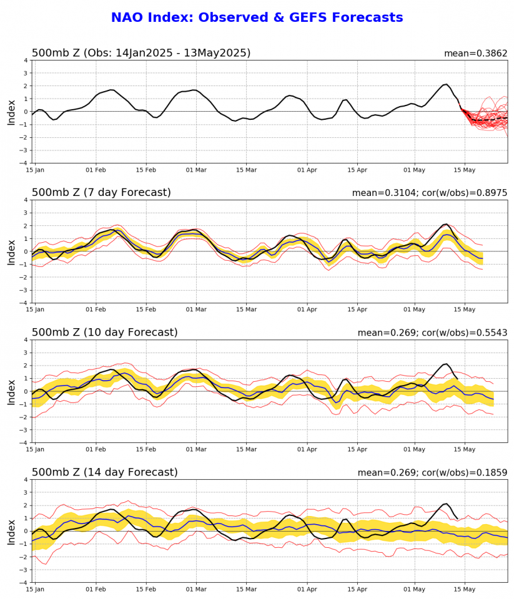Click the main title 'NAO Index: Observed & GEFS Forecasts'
257,17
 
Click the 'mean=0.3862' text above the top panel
475,54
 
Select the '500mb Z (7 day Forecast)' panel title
101,193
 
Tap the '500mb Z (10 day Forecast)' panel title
104,333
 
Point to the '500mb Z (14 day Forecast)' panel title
104,472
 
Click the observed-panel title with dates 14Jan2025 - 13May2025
141,53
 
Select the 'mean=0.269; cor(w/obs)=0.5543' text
432,333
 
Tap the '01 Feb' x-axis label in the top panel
96,169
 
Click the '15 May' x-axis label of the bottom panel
465,588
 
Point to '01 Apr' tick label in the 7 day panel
308,309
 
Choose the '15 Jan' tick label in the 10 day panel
35,449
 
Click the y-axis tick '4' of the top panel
26,61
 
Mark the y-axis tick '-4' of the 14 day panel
24,582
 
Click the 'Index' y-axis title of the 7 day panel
11,251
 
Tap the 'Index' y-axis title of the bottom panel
11,531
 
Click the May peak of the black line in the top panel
446,84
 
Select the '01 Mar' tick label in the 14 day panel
196,588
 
